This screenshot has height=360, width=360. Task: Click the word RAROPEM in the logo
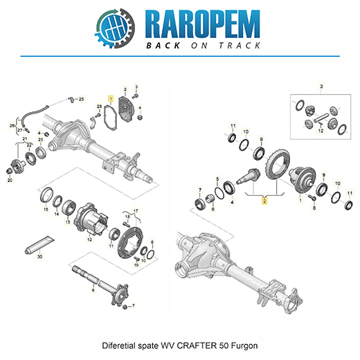coord(203,24)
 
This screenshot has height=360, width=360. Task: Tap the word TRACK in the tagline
coord(240,46)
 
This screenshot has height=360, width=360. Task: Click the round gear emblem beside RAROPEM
coord(115,28)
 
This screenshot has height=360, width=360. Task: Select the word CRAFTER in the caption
coord(197,345)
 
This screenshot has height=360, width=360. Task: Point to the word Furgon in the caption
coord(244,346)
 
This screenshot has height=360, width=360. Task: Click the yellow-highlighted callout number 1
coord(111,99)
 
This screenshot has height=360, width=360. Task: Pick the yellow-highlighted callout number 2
coord(264,201)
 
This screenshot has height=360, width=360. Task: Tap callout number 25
coord(81,99)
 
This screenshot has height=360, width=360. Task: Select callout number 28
coord(99,107)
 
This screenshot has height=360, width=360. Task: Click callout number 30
coord(40,256)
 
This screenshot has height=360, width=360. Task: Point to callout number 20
coord(10,180)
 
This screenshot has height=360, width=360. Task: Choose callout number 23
coord(41,140)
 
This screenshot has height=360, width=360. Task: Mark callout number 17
coord(136,210)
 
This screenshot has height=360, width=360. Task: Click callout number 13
coord(68,222)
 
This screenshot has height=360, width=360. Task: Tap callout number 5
coord(217,179)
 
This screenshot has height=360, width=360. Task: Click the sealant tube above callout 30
coord(39,244)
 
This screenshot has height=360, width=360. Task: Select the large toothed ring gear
coord(277,164)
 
